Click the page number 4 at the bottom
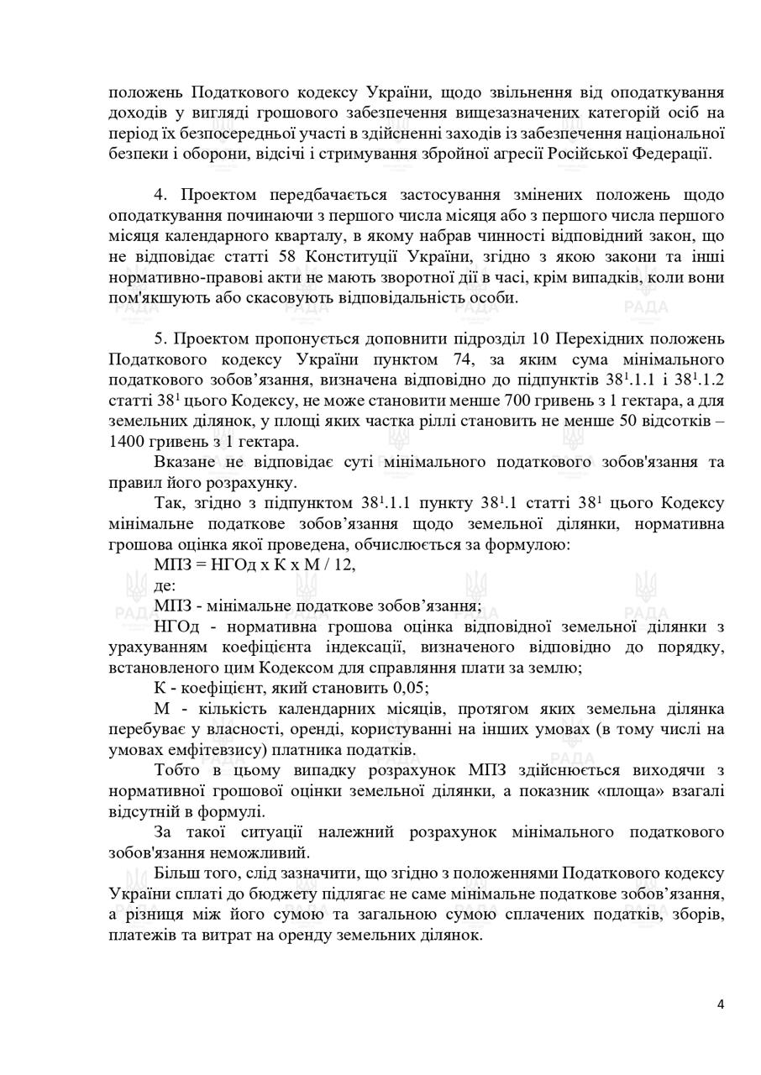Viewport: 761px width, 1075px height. point(721,1004)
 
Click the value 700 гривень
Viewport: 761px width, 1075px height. point(575,401)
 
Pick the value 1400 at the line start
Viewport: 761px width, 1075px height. point(127,442)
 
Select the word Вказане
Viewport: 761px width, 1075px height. point(183,463)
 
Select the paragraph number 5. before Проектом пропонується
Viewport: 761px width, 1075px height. point(161,339)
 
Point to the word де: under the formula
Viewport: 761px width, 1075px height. point(165,585)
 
